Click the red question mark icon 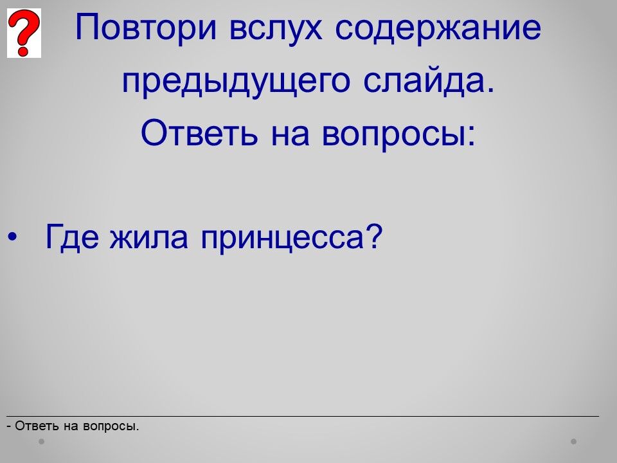24,33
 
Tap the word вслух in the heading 276,28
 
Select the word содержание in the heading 438,28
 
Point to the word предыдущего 236,82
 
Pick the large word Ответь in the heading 199,132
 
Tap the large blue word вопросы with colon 398,134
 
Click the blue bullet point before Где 13,237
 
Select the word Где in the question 71,237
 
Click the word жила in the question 148,237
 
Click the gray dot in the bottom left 42,441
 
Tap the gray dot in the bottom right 574,441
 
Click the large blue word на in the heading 290,134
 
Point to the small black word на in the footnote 71,427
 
